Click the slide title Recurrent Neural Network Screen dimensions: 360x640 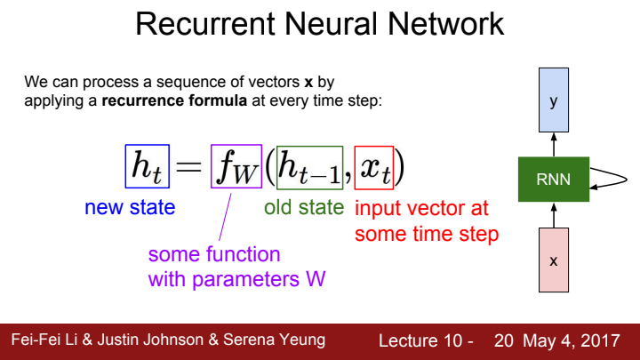[320, 24]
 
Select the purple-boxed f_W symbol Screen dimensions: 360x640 [236, 165]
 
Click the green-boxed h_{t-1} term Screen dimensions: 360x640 [309, 165]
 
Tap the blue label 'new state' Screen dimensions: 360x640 [130, 208]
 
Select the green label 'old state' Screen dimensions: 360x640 [304, 208]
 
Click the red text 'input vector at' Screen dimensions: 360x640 [421, 210]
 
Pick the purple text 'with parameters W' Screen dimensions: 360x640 [236, 279]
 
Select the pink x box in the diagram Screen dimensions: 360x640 [554, 260]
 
